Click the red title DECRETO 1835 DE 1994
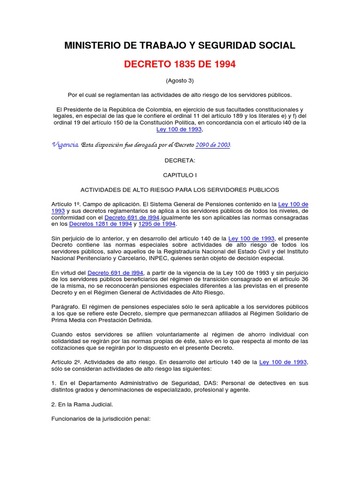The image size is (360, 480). tap(181, 61)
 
